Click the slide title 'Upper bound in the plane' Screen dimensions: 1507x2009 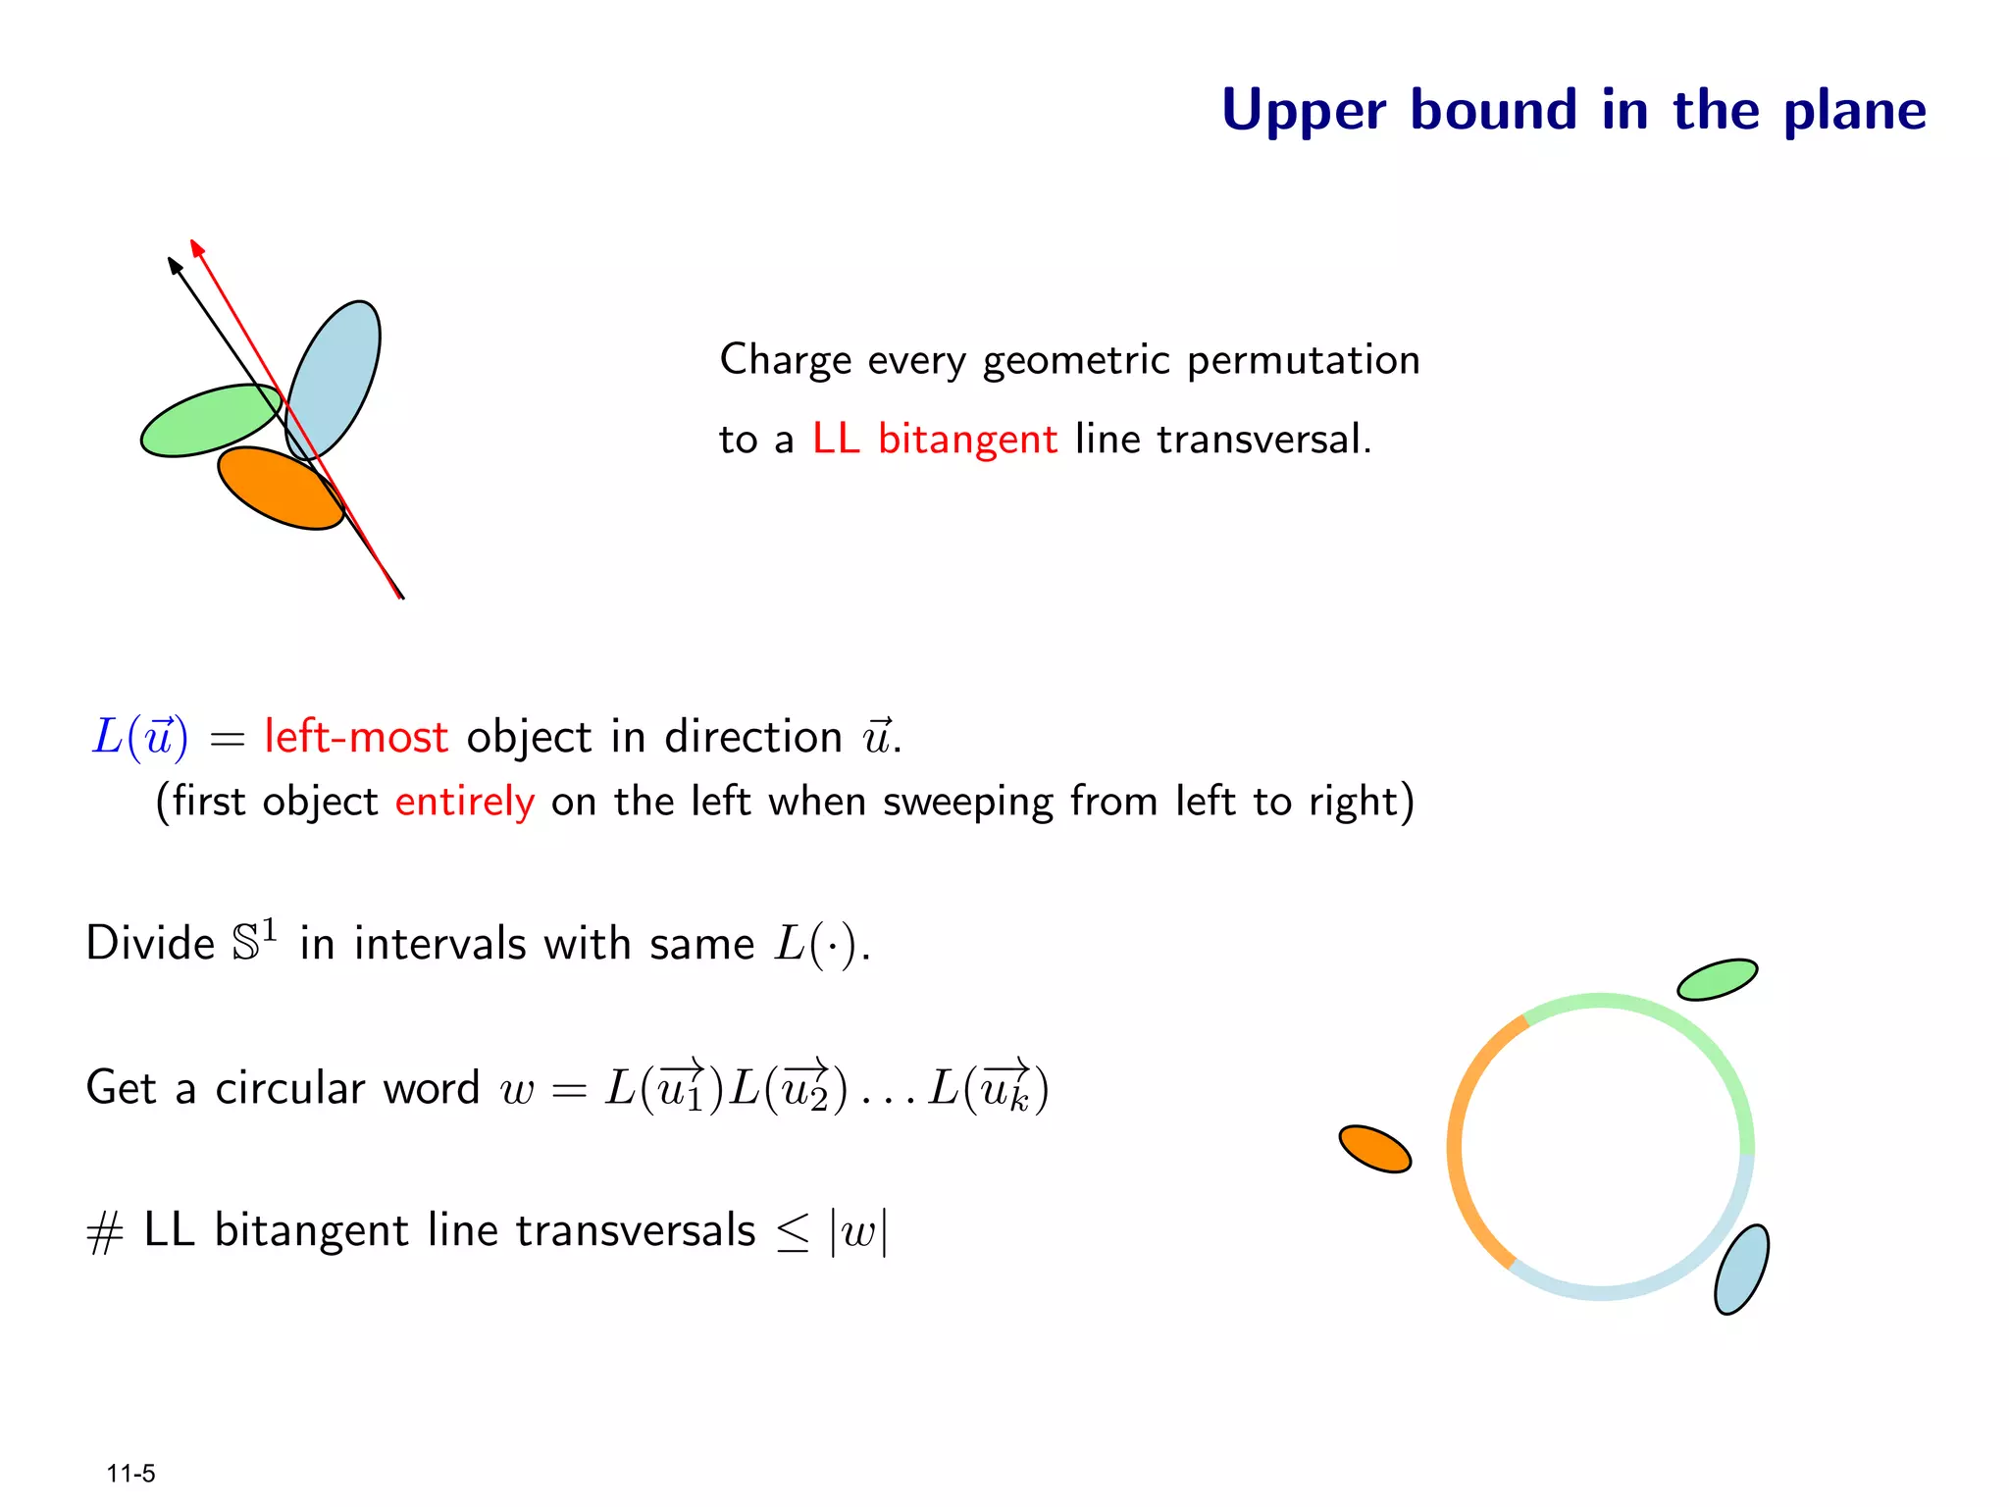click(1572, 110)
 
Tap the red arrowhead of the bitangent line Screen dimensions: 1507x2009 click(196, 248)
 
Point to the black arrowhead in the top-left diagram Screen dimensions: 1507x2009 click(175, 266)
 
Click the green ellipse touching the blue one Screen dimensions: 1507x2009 click(206, 421)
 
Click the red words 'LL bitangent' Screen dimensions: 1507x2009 click(934, 439)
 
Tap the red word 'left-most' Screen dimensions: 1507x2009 click(356, 737)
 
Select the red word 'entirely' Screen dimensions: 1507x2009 click(465, 802)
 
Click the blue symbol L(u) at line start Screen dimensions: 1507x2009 click(139, 737)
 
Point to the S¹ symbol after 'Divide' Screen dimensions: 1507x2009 click(254, 941)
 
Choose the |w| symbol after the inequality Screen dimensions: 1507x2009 click(858, 1230)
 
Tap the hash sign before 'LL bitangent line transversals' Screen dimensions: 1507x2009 click(104, 1233)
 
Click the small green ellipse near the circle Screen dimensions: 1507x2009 click(1717, 979)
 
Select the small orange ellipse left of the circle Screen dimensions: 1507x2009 click(1374, 1149)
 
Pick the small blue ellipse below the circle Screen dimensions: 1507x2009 click(1741, 1269)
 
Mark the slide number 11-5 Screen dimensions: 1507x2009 click(130, 1474)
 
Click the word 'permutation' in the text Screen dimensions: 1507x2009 click(1303, 360)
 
